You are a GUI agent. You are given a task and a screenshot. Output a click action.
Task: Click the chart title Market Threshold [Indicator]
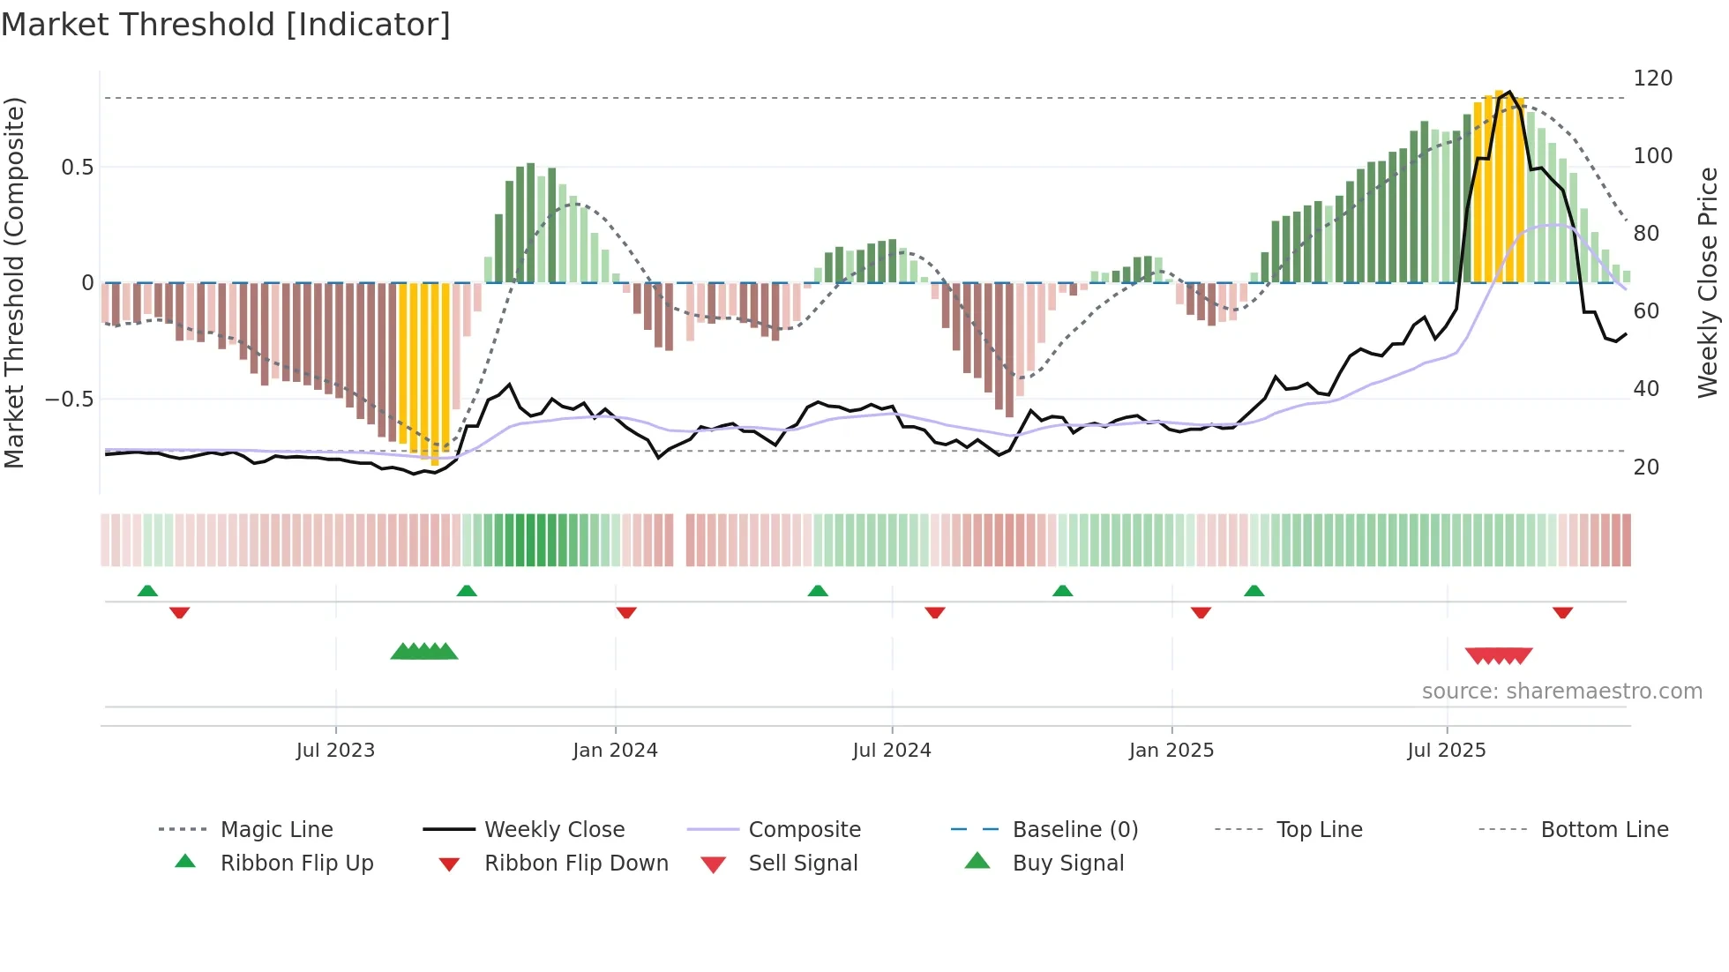(x=226, y=25)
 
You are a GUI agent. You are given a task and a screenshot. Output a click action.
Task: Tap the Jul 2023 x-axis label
(x=335, y=751)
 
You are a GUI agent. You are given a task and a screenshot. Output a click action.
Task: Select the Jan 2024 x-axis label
(x=615, y=751)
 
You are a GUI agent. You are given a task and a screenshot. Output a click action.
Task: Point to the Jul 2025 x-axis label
(x=1446, y=751)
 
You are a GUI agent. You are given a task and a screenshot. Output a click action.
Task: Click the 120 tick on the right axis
(x=1652, y=79)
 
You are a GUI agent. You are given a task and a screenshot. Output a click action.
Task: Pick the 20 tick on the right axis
(x=1646, y=467)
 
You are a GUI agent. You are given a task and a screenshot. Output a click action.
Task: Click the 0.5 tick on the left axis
(x=77, y=168)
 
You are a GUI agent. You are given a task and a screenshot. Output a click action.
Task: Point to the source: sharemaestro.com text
(x=1561, y=692)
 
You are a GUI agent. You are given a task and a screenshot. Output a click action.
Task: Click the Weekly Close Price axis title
(x=1708, y=282)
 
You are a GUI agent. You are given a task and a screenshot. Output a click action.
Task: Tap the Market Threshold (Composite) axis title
(x=14, y=282)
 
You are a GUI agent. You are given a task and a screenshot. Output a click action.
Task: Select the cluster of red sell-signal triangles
(x=1498, y=656)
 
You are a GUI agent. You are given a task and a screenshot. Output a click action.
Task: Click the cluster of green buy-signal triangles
(x=424, y=652)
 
